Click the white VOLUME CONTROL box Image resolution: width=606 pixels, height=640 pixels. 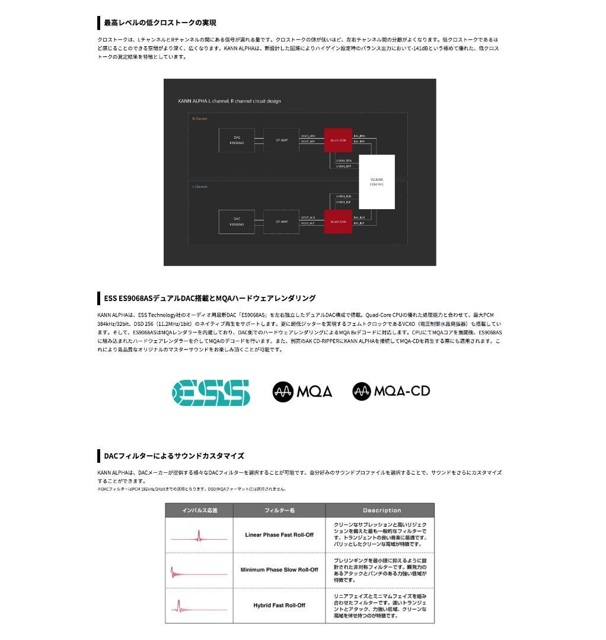(x=377, y=181)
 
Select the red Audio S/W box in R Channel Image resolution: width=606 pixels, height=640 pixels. (x=338, y=140)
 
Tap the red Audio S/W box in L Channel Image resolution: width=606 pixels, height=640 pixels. (x=338, y=222)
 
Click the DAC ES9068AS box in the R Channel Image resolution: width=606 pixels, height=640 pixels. (x=237, y=140)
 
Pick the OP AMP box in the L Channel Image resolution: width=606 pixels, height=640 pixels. (x=281, y=222)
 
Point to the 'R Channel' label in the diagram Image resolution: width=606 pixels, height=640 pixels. (x=200, y=119)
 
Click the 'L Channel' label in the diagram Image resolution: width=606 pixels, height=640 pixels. (x=200, y=187)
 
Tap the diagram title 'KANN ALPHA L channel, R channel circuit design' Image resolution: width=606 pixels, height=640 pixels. (x=229, y=101)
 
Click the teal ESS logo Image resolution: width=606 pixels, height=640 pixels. (x=211, y=392)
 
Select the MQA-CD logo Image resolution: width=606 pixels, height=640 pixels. (x=391, y=391)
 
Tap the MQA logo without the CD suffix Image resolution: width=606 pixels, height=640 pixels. (x=302, y=391)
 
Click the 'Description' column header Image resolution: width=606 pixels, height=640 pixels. (x=381, y=510)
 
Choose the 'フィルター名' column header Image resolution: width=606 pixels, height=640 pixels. (x=279, y=510)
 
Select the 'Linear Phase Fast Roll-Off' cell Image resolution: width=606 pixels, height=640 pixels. (x=279, y=535)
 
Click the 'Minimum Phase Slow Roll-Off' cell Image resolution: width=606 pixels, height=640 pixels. (x=279, y=570)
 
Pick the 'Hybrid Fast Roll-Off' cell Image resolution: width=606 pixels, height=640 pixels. (x=279, y=605)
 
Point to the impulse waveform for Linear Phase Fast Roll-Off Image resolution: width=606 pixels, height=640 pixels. (x=199, y=537)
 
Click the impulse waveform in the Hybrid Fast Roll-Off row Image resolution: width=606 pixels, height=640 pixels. (x=199, y=607)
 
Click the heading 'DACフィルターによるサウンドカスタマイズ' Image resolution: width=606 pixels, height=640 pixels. (x=174, y=456)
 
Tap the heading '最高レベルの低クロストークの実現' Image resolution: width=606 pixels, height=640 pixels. (x=160, y=23)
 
